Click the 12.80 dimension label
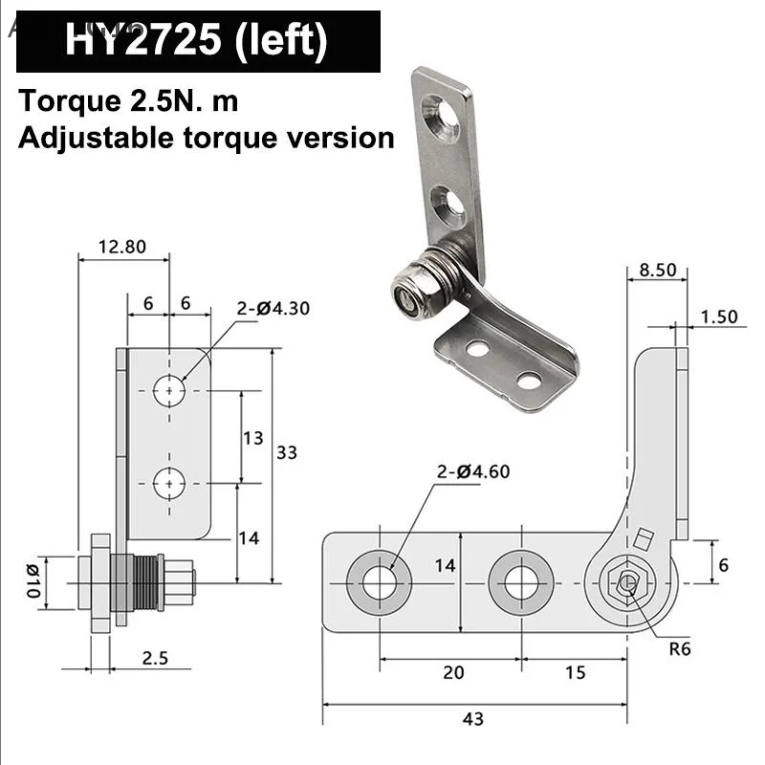pyautogui.click(x=122, y=246)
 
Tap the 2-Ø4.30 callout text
pyautogui.click(x=273, y=308)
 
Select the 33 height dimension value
pyautogui.click(x=287, y=452)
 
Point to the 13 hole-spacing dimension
pyautogui.click(x=251, y=438)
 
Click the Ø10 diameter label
pyautogui.click(x=32, y=582)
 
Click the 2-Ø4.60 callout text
pyautogui.click(x=472, y=470)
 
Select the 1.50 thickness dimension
pyautogui.click(x=719, y=317)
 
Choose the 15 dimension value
pyautogui.click(x=575, y=672)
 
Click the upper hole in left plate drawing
pyautogui.click(x=169, y=390)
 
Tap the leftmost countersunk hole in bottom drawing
pyautogui.click(x=380, y=582)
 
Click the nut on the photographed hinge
pyautogui.click(x=410, y=297)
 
